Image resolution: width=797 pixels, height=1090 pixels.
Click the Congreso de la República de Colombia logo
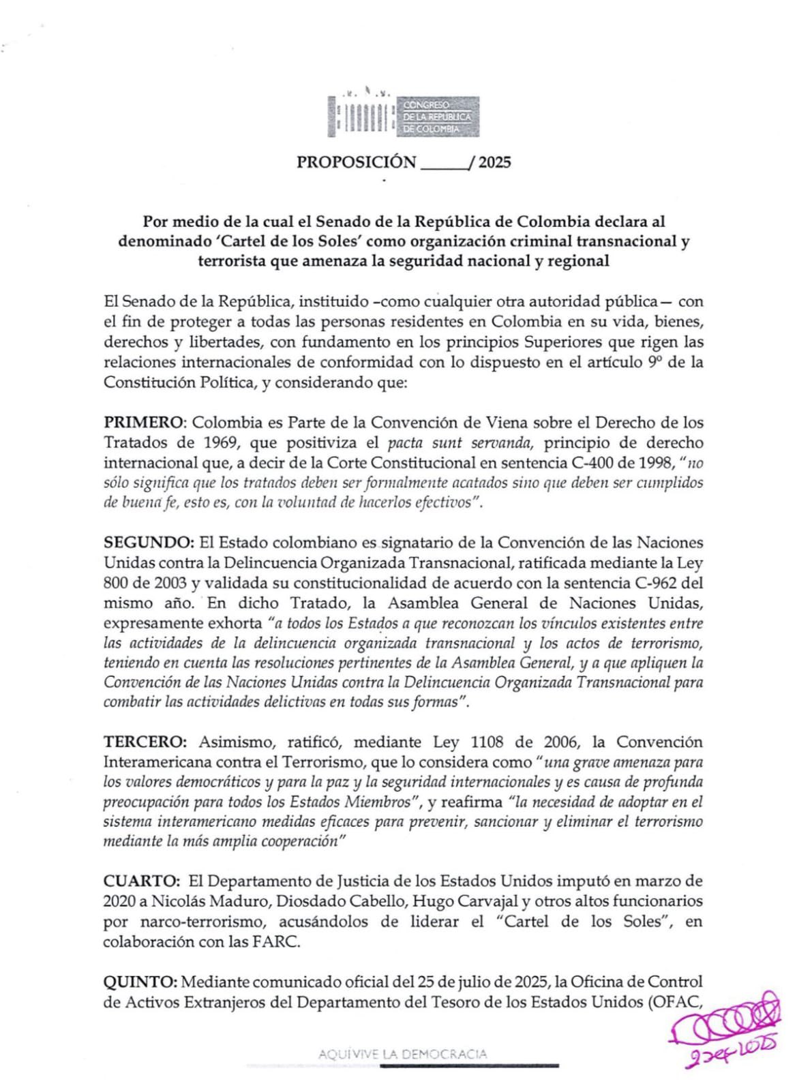(404, 115)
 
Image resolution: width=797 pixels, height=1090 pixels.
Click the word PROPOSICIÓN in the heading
(356, 162)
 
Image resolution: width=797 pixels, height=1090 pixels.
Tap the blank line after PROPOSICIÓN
(445, 164)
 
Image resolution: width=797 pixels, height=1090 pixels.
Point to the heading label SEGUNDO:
(148, 543)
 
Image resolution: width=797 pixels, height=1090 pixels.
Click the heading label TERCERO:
(145, 742)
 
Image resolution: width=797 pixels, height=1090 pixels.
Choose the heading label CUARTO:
(142, 881)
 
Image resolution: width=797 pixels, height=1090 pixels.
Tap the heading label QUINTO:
(140, 982)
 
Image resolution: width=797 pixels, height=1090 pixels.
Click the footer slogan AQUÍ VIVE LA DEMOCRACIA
(402, 1054)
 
